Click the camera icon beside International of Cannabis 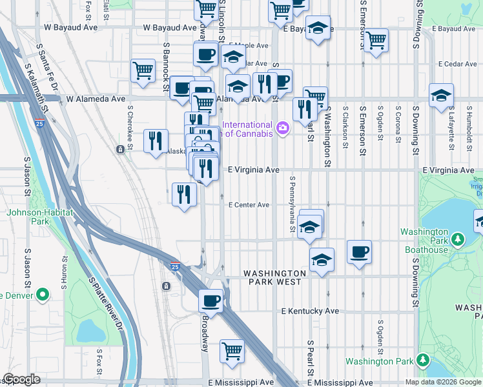(x=282, y=129)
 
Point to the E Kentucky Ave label (x=311, y=311)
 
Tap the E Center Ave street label (x=249, y=205)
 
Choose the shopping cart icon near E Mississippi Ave (x=232, y=352)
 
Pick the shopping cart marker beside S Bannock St (x=143, y=70)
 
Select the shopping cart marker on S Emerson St (x=376, y=40)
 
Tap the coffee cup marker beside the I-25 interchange (x=211, y=300)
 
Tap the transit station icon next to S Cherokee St (x=121, y=150)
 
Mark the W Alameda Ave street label (x=96, y=99)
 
